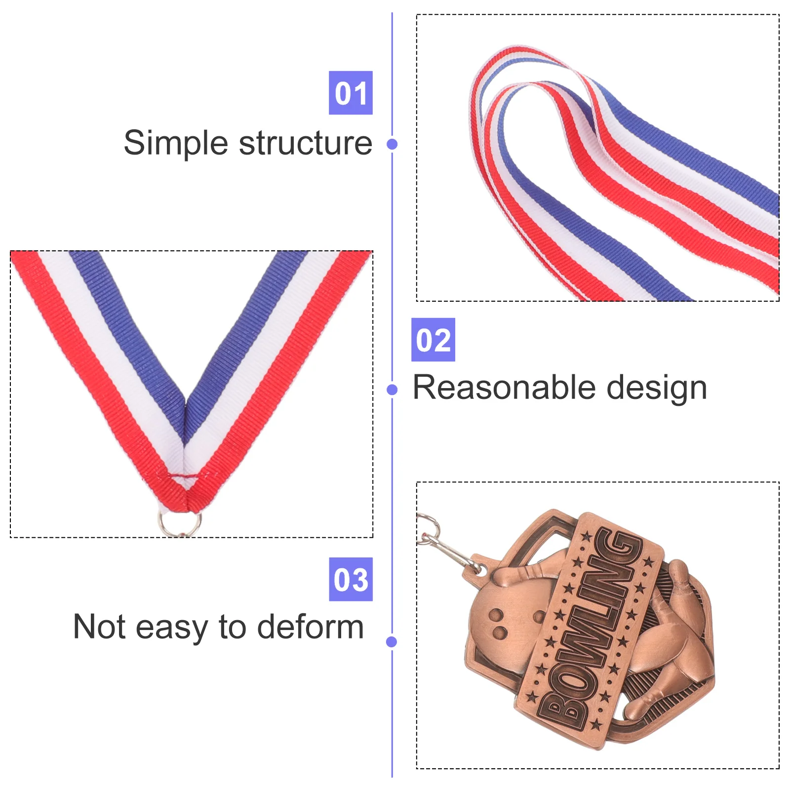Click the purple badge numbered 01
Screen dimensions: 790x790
(x=351, y=93)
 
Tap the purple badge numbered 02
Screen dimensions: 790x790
(x=433, y=340)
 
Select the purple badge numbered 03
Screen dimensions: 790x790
(x=351, y=579)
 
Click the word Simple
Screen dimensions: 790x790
(x=176, y=144)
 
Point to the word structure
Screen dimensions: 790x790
(x=306, y=144)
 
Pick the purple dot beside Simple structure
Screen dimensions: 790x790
(x=392, y=144)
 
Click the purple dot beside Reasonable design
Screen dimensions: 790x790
(x=392, y=390)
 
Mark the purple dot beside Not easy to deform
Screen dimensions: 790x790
(x=392, y=642)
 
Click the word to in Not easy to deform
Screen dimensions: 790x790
(x=233, y=628)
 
